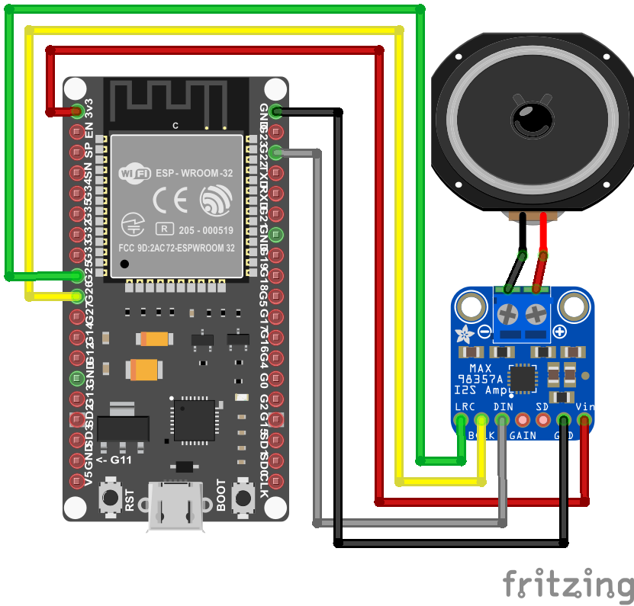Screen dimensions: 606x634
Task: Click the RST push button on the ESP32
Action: click(111, 499)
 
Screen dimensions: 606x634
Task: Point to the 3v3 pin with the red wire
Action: click(77, 111)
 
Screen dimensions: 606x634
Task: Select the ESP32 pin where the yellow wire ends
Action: click(77, 296)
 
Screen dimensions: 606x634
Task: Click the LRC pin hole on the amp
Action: click(462, 419)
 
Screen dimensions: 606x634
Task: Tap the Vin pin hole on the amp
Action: click(584, 419)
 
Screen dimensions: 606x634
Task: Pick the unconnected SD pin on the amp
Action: click(543, 419)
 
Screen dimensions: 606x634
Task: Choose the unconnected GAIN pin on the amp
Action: click(523, 419)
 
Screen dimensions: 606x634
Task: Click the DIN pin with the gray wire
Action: click(502, 419)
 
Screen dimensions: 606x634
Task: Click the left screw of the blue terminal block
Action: click(507, 313)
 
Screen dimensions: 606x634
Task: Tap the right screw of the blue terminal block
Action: click(537, 313)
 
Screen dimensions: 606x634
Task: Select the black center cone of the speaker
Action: click(532, 118)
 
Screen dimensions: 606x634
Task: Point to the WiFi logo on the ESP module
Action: click(133, 174)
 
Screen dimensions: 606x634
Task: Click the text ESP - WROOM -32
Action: click(195, 174)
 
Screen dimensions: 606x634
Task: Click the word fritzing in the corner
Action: click(568, 584)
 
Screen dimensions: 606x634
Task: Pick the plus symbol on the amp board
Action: click(559, 332)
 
